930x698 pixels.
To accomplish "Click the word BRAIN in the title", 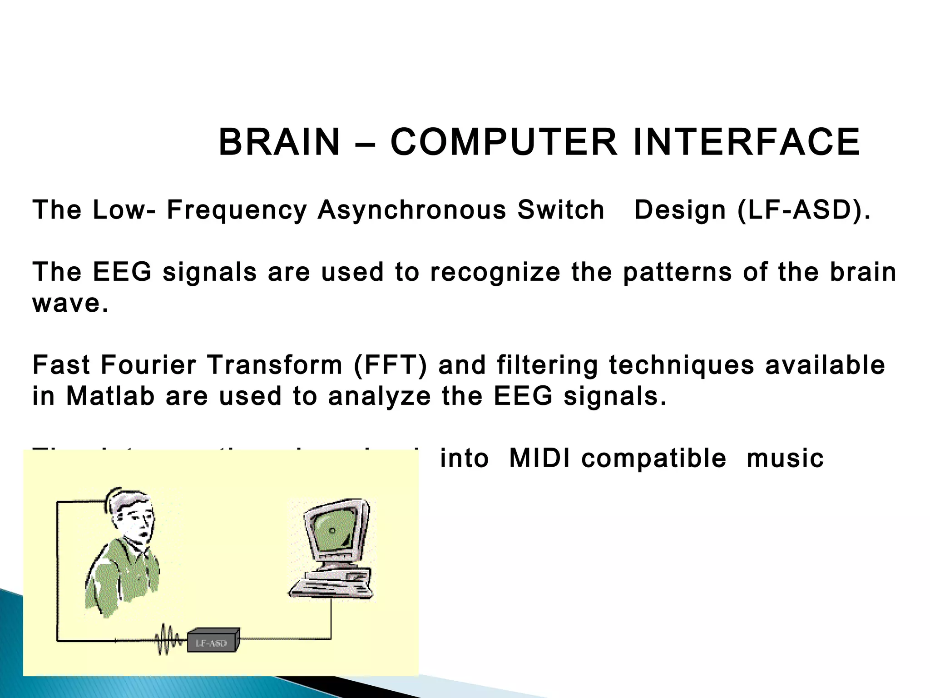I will pyautogui.click(x=279, y=143).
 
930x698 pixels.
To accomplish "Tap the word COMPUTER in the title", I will pyautogui.click(x=504, y=143).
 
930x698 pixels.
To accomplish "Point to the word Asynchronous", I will pyautogui.click(x=411, y=210).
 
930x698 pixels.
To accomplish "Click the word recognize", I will pyautogui.click(x=495, y=272).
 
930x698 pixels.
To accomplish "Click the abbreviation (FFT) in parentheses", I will pyautogui.click(x=390, y=365).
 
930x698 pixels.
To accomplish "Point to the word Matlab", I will pyautogui.click(x=110, y=396).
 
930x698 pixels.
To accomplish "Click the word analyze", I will pyautogui.click(x=379, y=396).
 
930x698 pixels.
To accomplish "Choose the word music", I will pyautogui.click(x=785, y=458).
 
